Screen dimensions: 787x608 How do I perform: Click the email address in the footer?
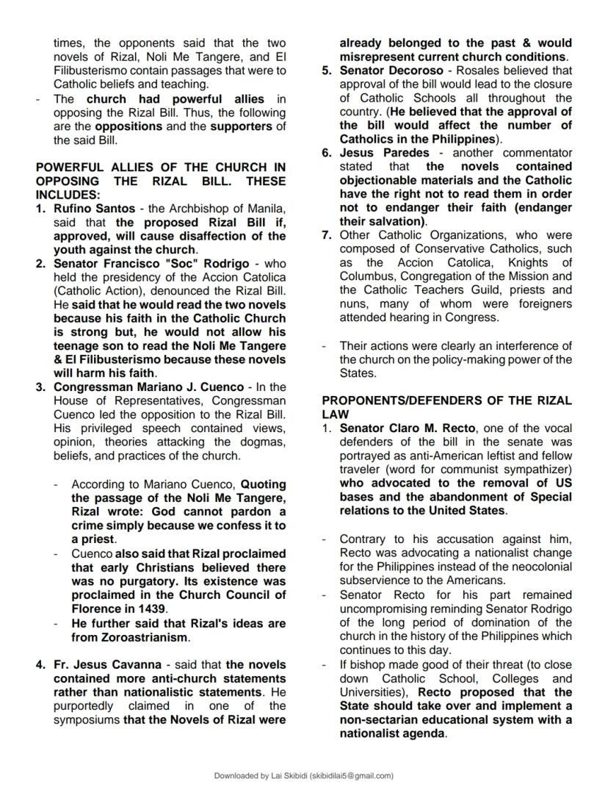tap(352, 775)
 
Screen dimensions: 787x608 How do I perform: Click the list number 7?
tap(327, 235)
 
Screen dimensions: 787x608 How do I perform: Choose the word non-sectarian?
tap(376, 719)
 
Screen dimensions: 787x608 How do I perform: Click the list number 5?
tap(327, 71)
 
